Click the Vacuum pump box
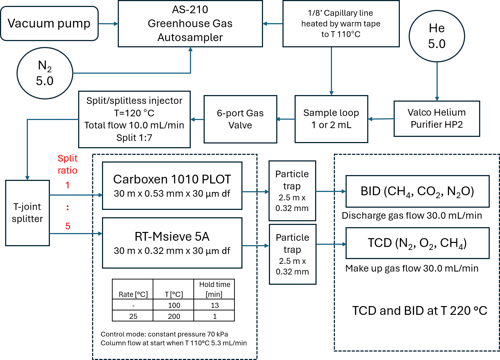49,23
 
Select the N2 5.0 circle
45,73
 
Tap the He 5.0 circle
437,36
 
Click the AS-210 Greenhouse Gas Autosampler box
190,23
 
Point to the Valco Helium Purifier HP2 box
437,119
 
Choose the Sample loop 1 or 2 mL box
331,119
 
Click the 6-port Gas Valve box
240,119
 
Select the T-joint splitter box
28,213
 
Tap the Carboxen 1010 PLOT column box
172,186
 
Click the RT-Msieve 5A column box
172,243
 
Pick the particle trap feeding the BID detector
292,191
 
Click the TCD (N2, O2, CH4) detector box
417,243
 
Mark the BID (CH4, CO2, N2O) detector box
417,191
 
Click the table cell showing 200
174,316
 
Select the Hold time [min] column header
214,289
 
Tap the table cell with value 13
215,305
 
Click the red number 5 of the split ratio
68,226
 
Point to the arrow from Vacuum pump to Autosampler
108,24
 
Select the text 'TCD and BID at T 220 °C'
420,311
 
